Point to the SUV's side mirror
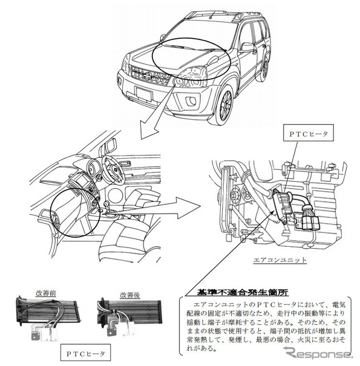coord(247,47)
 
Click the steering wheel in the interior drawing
coord(111,166)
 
